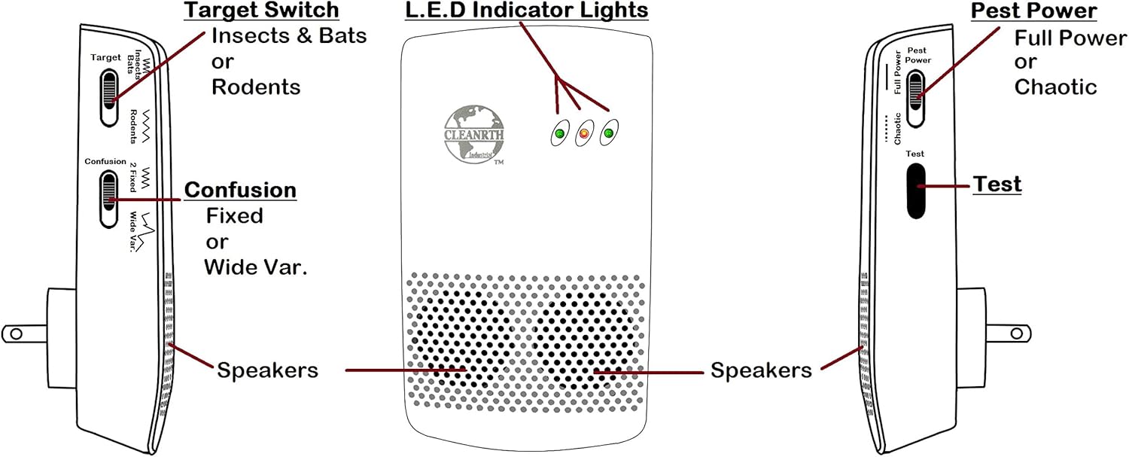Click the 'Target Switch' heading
(262, 11)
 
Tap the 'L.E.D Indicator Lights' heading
(525, 11)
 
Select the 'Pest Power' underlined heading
(1033, 11)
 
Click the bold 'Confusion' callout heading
(240, 189)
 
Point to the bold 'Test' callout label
(997, 184)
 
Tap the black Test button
(915, 190)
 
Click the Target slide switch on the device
(110, 96)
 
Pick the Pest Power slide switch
(915, 99)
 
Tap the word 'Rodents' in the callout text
(256, 87)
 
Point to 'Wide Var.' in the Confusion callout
(256, 268)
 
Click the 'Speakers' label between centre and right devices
(761, 370)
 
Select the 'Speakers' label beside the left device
(267, 370)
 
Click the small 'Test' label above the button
(914, 154)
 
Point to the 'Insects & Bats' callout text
(288, 35)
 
